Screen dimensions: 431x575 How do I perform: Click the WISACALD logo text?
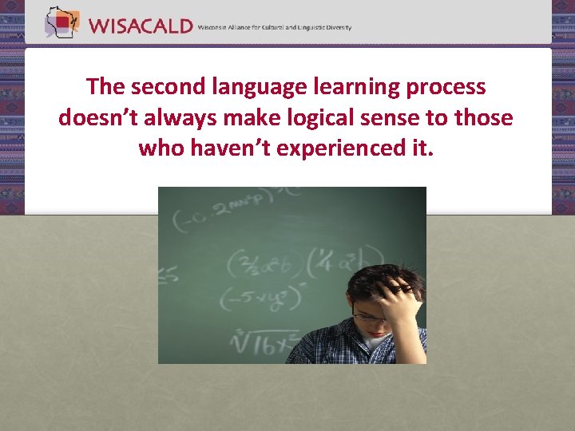(x=141, y=26)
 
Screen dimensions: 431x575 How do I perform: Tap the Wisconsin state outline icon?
(x=61, y=22)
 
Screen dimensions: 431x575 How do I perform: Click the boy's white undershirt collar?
(x=377, y=343)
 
